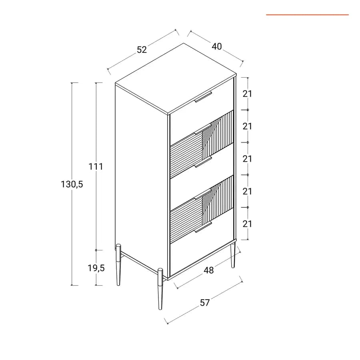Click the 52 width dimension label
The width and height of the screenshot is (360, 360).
pos(142,50)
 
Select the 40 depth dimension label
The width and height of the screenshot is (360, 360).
pos(217,47)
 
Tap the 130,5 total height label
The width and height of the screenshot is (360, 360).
pos(72,184)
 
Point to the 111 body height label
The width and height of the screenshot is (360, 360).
pos(96,166)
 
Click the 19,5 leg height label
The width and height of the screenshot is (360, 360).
pos(96,268)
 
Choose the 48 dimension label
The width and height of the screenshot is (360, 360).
pos(209,270)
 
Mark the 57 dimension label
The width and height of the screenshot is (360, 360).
pos(205,303)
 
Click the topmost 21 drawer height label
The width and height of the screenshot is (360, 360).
pos(247,94)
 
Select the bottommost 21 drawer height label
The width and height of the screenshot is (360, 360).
pos(247,224)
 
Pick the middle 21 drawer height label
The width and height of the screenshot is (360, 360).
pos(247,159)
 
